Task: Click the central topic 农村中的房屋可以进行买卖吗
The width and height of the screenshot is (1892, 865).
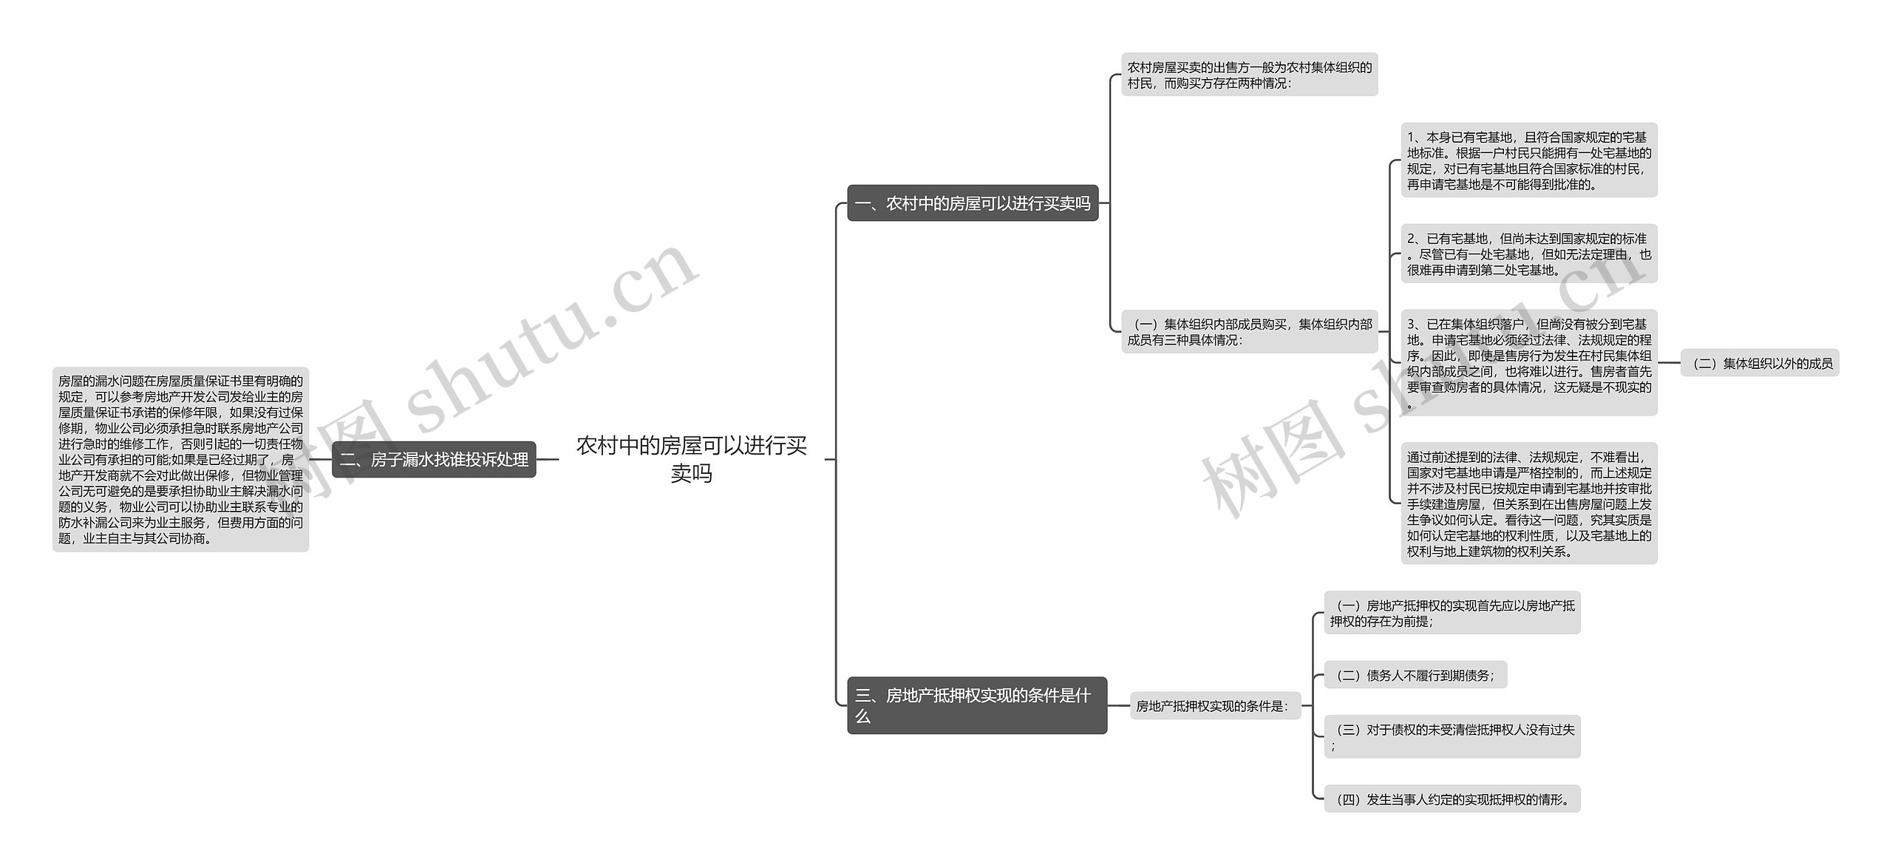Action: [x=691, y=459]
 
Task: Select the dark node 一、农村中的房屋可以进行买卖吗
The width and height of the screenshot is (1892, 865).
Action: [x=973, y=203]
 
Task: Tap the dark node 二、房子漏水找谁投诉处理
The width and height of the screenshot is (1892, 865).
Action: [x=434, y=460]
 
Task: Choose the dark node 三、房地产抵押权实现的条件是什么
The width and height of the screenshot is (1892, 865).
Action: [x=976, y=705]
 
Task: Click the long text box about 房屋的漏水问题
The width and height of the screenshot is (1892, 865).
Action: [x=180, y=460]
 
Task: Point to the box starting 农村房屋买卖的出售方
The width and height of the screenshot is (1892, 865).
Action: [x=1249, y=75]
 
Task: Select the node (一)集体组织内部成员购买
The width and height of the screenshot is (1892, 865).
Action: [x=1249, y=332]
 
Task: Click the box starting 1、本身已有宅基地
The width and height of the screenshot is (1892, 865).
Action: [x=1528, y=160]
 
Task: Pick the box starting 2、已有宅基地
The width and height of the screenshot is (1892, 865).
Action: [x=1528, y=254]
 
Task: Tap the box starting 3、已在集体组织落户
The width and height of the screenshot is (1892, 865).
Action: [x=1528, y=363]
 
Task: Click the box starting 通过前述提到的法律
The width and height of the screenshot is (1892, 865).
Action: [x=1528, y=504]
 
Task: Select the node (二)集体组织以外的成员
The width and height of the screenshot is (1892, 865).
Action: [x=1759, y=364]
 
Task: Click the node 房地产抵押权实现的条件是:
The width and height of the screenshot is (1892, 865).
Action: [x=1214, y=706]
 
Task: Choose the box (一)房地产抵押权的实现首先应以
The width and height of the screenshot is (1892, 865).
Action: [x=1452, y=613]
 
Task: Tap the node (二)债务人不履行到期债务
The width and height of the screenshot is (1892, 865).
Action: [x=1415, y=675]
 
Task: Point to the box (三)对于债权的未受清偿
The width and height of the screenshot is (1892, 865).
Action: [x=1452, y=737]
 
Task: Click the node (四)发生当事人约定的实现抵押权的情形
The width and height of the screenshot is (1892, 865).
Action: [x=1452, y=799]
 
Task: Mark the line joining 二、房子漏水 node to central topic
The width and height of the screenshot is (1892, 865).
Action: [x=547, y=459]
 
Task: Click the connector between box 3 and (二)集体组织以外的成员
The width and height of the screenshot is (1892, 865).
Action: [x=1669, y=363]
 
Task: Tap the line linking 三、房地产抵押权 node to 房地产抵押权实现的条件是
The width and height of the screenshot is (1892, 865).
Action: [x=1118, y=706]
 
